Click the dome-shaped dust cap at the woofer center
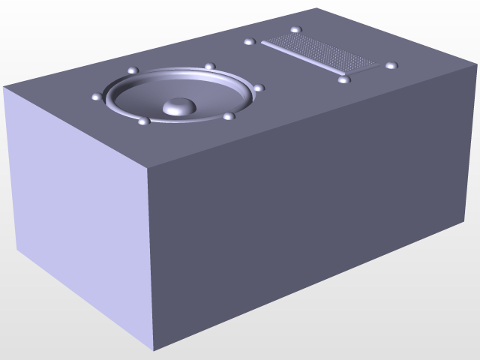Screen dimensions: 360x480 click(178, 106)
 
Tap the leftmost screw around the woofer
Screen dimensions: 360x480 click(96, 97)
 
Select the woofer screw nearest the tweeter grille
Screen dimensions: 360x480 click(259, 88)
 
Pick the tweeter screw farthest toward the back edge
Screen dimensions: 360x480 click(295, 30)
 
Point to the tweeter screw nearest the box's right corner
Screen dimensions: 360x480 click(391, 65)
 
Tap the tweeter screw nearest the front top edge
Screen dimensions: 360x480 click(343, 79)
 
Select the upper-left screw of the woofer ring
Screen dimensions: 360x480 click(133, 70)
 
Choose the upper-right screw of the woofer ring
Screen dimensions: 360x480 click(210, 67)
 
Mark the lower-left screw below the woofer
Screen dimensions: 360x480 click(142, 121)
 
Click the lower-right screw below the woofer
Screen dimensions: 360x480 click(229, 116)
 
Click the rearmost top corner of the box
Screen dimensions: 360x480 click(316, 9)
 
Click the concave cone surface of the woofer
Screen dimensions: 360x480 click(202, 94)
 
